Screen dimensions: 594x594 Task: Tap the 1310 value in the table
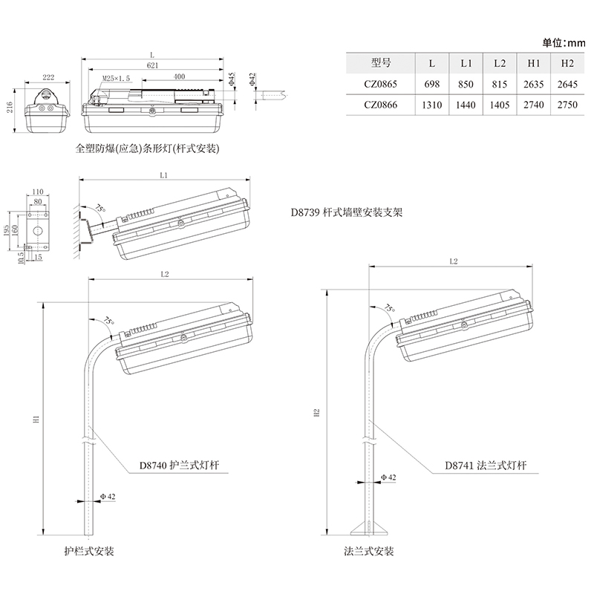point(431,105)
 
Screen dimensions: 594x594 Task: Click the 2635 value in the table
point(533,85)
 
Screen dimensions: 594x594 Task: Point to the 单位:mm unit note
point(564,42)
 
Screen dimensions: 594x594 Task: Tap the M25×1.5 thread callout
point(115,77)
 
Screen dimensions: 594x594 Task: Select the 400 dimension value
point(179,77)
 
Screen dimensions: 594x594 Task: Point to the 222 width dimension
point(48,76)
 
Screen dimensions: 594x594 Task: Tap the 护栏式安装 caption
point(89,552)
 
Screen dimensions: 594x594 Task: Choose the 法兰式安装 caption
point(368,552)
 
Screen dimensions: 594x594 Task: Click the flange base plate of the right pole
point(369,530)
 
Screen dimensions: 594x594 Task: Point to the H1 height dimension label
point(37,420)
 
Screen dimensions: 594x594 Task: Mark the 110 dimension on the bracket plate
point(38,192)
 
